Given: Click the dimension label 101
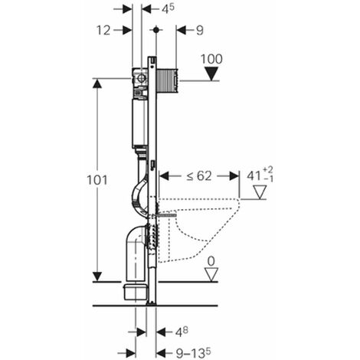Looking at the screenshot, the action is (97, 180).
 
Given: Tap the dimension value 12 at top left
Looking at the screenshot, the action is (103, 31).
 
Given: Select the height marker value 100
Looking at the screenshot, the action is (211, 59).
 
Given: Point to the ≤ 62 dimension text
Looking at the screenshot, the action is (199, 176).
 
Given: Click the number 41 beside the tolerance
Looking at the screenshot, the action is (254, 176).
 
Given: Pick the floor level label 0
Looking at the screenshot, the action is (211, 261).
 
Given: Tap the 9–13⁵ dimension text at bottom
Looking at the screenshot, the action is (194, 353).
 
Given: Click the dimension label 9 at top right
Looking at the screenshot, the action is (200, 31).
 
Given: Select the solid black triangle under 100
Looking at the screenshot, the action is (211, 74).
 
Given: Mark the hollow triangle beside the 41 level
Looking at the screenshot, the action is (260, 192).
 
